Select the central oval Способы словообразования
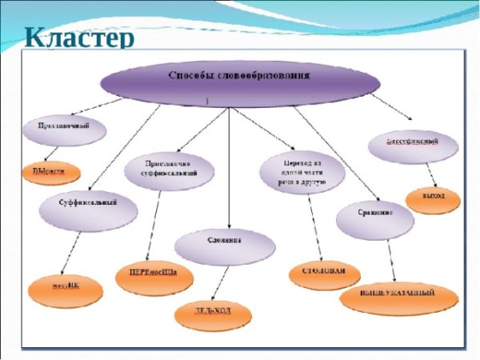(239, 78)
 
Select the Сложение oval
(219, 244)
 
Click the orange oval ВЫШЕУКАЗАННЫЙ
(399, 297)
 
